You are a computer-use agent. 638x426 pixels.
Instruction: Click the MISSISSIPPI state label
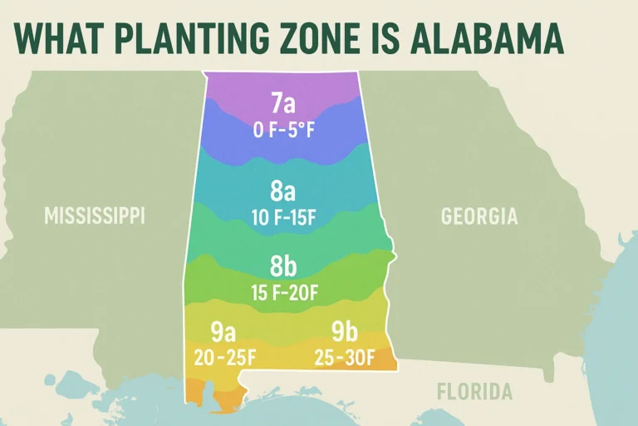click(95, 216)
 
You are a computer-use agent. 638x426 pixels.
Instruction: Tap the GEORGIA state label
click(479, 216)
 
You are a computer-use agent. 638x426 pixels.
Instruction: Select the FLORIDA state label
click(475, 391)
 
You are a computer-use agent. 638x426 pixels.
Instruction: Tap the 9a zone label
click(223, 332)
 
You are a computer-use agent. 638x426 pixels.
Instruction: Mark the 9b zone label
click(344, 332)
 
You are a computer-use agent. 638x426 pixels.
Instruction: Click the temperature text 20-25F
click(223, 357)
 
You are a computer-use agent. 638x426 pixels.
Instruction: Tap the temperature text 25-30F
click(344, 357)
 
